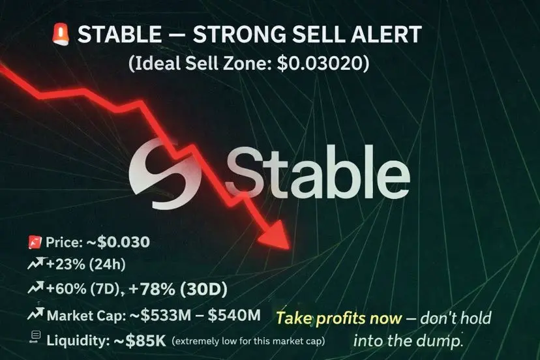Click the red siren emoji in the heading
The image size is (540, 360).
point(61,35)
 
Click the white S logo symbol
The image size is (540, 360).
point(164,174)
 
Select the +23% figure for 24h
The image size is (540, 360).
point(65,265)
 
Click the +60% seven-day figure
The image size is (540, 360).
point(66,289)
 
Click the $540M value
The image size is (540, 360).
point(234,315)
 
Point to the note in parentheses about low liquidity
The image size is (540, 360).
point(248,341)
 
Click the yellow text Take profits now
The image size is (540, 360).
point(339,318)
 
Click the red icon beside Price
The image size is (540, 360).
point(35,242)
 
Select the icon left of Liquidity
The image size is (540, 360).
point(35,337)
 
